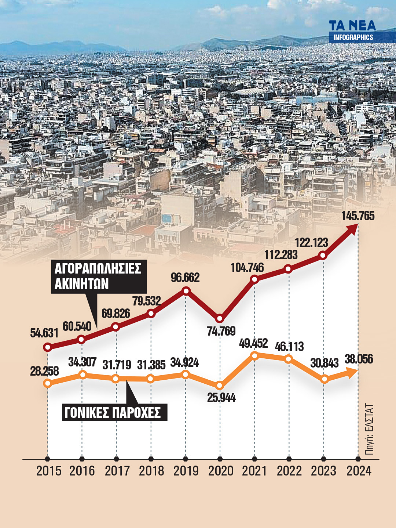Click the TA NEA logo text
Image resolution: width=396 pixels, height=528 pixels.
click(352, 26)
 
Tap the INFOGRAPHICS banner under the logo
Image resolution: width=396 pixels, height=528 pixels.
click(353, 37)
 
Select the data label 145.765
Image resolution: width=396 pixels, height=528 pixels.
click(358, 216)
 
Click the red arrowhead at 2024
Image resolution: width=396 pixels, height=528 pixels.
click(352, 228)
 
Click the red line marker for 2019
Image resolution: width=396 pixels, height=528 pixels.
click(186, 291)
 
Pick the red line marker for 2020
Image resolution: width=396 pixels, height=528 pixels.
click(220, 318)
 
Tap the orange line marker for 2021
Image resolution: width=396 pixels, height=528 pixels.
click(254, 355)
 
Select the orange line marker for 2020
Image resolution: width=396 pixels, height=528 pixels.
click(220, 386)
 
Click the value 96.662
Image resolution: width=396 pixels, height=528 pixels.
click(185, 278)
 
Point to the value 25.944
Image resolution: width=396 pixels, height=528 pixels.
click(221, 398)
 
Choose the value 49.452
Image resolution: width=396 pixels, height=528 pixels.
click(253, 343)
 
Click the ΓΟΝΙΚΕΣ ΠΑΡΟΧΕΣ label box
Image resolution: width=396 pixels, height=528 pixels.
click(114, 412)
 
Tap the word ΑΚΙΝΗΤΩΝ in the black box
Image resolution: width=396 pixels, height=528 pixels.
click(82, 284)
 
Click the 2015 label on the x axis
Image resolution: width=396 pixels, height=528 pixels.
click(48, 471)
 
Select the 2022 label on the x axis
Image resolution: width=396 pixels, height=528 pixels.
click(289, 471)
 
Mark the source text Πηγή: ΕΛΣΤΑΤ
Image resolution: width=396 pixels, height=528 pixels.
click(370, 430)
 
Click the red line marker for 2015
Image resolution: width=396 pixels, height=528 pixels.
click(47, 347)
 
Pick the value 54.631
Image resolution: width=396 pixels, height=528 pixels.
click(44, 333)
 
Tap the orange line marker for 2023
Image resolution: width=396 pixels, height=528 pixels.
click(324, 379)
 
